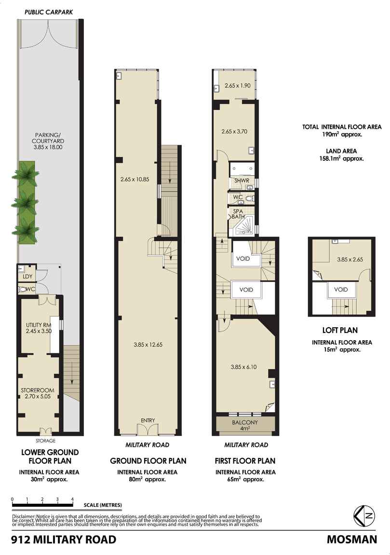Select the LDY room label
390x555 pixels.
click(23, 277)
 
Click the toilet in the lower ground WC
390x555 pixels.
click(23, 290)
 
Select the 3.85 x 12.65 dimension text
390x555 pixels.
click(148, 345)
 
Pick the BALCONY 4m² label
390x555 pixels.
click(246, 425)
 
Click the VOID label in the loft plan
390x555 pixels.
click(341, 290)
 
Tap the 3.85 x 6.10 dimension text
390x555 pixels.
click(244, 366)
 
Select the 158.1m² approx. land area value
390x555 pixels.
click(339, 158)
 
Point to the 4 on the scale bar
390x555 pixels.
click(72, 499)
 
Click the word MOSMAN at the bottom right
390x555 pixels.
click(351, 540)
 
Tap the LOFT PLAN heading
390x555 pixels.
click(340, 331)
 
